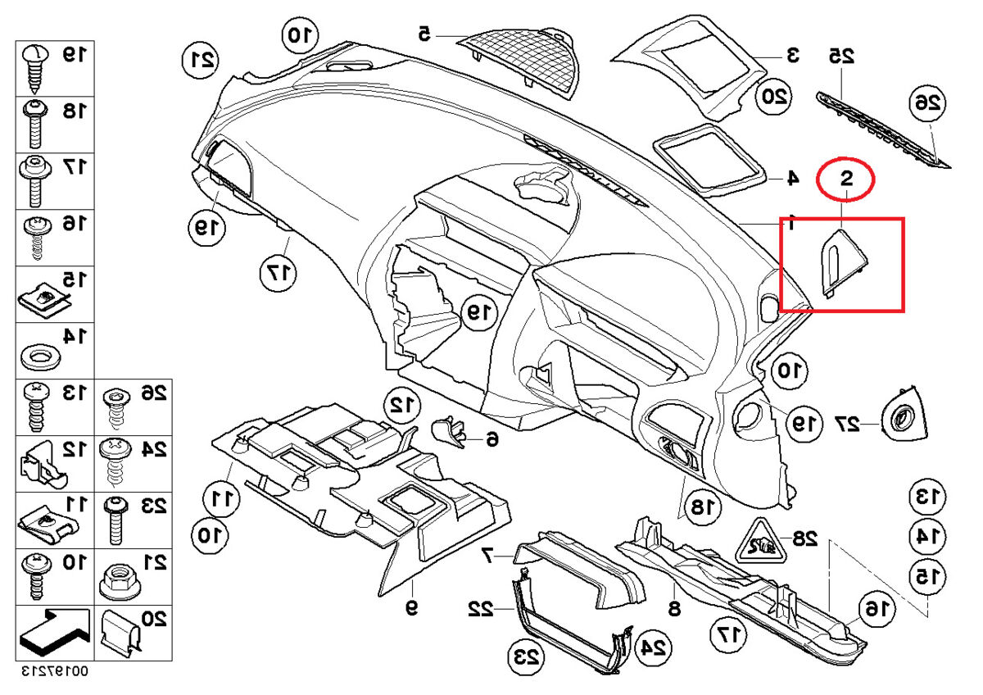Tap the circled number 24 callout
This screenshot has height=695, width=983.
653,647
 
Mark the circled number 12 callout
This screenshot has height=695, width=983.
401,403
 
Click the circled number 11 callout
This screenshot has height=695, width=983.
220,497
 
